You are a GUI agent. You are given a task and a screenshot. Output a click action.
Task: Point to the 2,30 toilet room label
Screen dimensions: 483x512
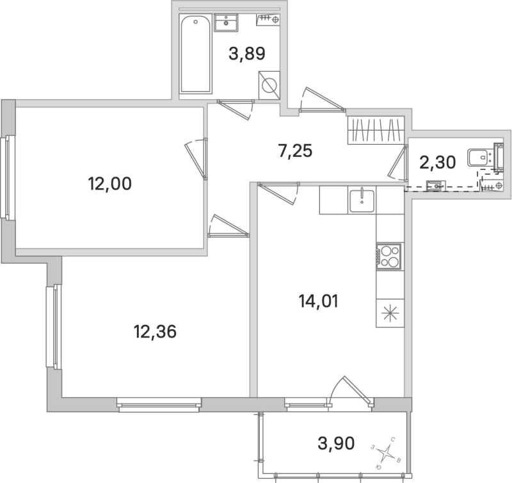(437, 162)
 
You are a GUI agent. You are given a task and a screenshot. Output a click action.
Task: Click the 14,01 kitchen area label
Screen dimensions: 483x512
(317, 300)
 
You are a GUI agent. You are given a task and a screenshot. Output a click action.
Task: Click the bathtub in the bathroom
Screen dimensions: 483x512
(196, 55)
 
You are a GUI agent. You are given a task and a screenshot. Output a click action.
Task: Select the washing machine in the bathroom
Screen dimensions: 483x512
(269, 85)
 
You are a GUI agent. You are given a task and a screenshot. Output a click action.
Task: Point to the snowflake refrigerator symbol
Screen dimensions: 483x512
(389, 315)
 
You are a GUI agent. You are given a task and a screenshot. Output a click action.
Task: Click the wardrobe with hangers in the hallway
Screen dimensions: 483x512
(376, 131)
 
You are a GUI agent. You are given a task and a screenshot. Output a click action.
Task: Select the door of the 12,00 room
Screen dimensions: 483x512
(196, 158)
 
